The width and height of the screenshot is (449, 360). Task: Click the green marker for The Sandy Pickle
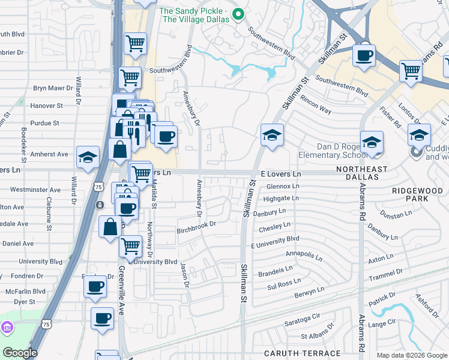[x=238, y=15]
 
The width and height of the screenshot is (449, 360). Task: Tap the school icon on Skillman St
[x=272, y=136]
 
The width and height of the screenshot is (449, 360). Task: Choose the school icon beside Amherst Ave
[x=88, y=157]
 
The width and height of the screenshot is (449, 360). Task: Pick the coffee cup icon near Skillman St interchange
[x=364, y=56]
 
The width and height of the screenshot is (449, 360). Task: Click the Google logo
[x=20, y=353]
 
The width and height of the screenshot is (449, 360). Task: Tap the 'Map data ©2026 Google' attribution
[x=412, y=355]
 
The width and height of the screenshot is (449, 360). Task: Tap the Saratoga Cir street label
[x=303, y=319]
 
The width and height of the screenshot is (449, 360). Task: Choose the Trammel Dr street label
[x=385, y=273]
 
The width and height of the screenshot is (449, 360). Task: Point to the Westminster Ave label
[x=35, y=190]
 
